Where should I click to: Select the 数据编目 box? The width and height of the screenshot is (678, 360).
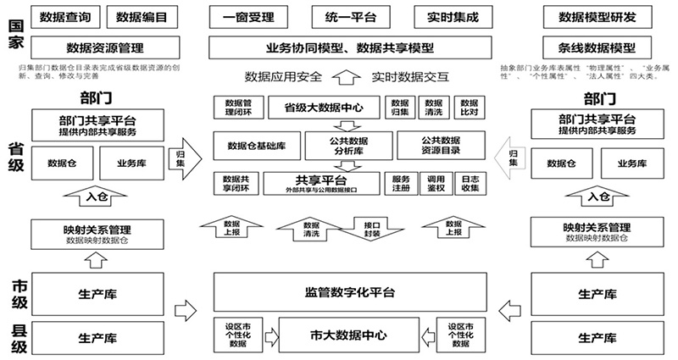pyautogui.click(x=140, y=16)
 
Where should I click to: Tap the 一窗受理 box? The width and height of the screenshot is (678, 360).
pyautogui.click(x=247, y=16)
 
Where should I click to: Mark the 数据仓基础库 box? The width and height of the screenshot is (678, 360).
pyautogui.click(x=256, y=146)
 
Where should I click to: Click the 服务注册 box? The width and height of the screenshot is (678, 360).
pyautogui.click(x=401, y=183)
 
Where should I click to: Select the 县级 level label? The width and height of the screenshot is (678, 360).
pyautogui.click(x=18, y=337)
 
